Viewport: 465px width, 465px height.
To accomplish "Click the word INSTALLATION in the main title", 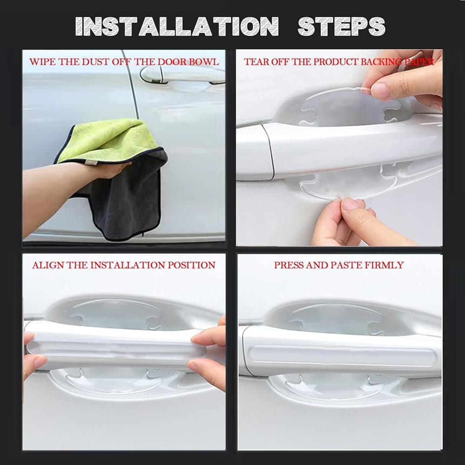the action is (x=177, y=26).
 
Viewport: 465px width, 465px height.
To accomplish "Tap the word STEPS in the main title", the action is (x=341, y=26).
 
